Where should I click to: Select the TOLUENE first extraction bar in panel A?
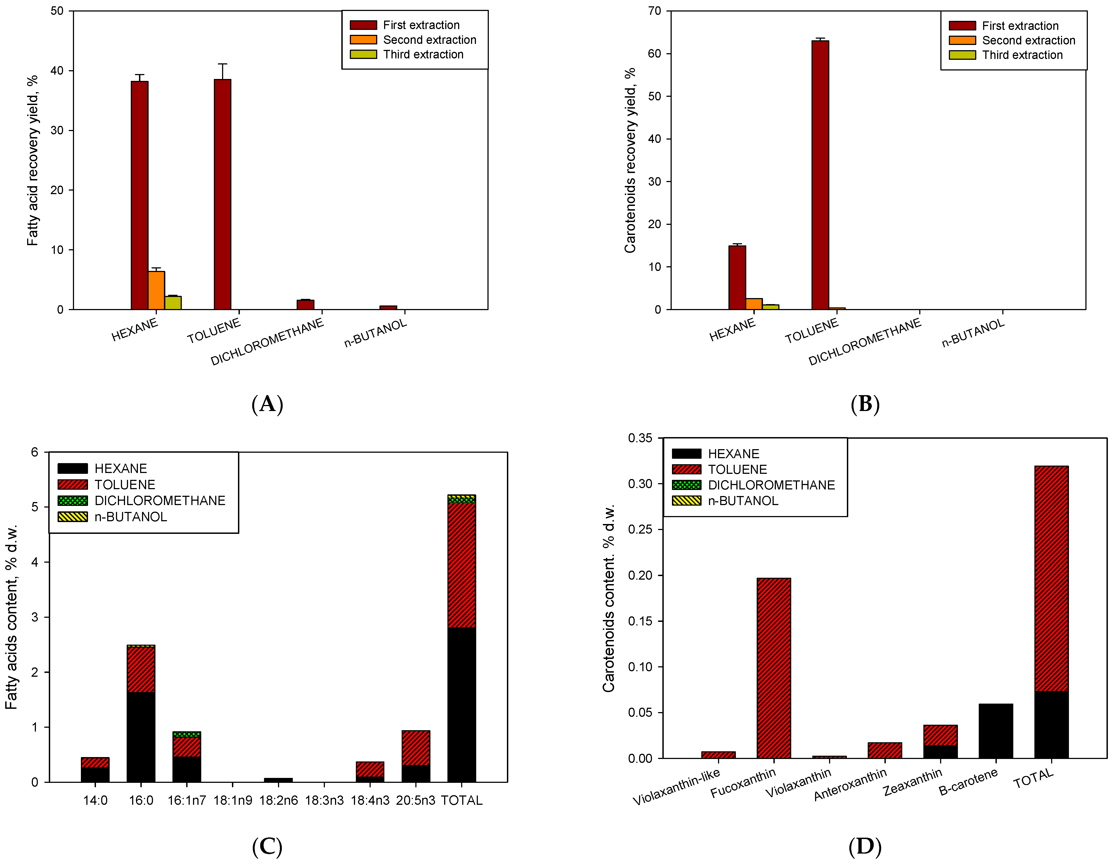click(223, 194)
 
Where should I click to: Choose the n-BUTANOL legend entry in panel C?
click(130, 517)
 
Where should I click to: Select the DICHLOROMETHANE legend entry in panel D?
click(771, 485)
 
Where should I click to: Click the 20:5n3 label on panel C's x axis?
click(416, 800)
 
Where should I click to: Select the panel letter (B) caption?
click(865, 404)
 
